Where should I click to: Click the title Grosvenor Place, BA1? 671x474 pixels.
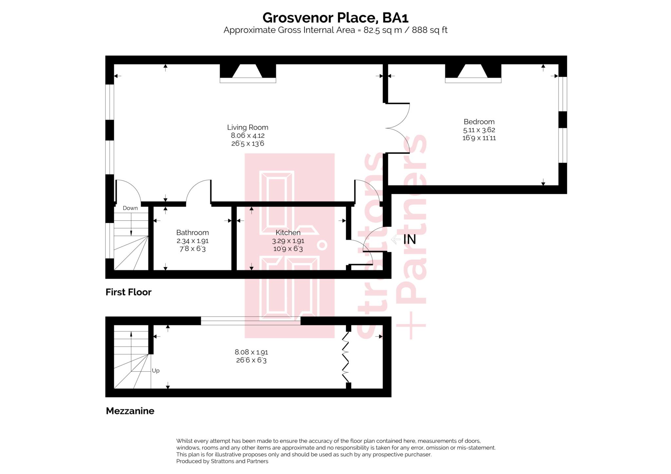(x=335, y=17)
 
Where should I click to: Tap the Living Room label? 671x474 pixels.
(x=248, y=127)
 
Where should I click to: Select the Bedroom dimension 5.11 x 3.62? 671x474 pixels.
(x=479, y=130)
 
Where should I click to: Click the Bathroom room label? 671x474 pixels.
(x=192, y=233)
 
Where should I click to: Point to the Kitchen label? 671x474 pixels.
(x=288, y=233)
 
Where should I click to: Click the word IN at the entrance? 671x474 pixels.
(x=410, y=239)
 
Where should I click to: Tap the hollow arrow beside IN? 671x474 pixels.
(x=396, y=239)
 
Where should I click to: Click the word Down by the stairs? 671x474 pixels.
(x=130, y=208)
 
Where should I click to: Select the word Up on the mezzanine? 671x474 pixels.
(x=156, y=370)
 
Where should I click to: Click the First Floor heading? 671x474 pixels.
(x=128, y=292)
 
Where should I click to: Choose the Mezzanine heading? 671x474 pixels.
(x=130, y=411)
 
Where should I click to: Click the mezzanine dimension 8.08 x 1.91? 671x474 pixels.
(x=251, y=352)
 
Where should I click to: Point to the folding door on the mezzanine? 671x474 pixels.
(x=346, y=357)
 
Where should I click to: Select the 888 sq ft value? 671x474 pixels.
(x=430, y=30)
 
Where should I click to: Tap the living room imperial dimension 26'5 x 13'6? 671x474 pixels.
(x=248, y=143)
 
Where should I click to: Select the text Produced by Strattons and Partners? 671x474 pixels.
(x=222, y=461)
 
